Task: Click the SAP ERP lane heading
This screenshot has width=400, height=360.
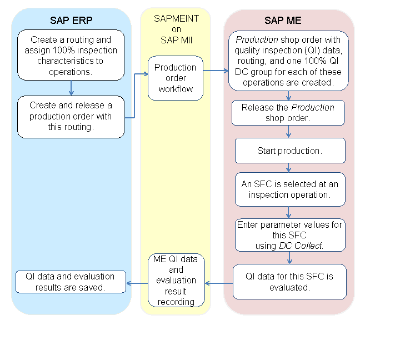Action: coord(71,21)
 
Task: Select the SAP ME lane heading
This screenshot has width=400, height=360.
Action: coord(288,21)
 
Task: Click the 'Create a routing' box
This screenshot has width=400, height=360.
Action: coord(71,55)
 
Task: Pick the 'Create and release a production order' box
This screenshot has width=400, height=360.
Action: coord(71,117)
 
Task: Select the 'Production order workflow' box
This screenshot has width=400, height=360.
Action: coord(175,78)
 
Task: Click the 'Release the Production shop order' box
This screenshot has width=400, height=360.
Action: coord(288,113)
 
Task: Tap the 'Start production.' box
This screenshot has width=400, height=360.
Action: coord(289,151)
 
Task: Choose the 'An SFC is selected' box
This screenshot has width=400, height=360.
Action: coord(289,189)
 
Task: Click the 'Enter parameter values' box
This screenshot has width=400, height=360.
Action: coord(289,235)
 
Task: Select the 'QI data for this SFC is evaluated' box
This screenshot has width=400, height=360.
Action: coord(289,282)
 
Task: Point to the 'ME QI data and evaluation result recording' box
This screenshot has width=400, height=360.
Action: coord(176,280)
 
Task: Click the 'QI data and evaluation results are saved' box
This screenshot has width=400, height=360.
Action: coord(71,282)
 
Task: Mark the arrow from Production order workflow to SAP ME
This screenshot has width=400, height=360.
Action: coord(216,71)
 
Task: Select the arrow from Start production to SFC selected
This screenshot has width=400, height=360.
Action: coord(289,167)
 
